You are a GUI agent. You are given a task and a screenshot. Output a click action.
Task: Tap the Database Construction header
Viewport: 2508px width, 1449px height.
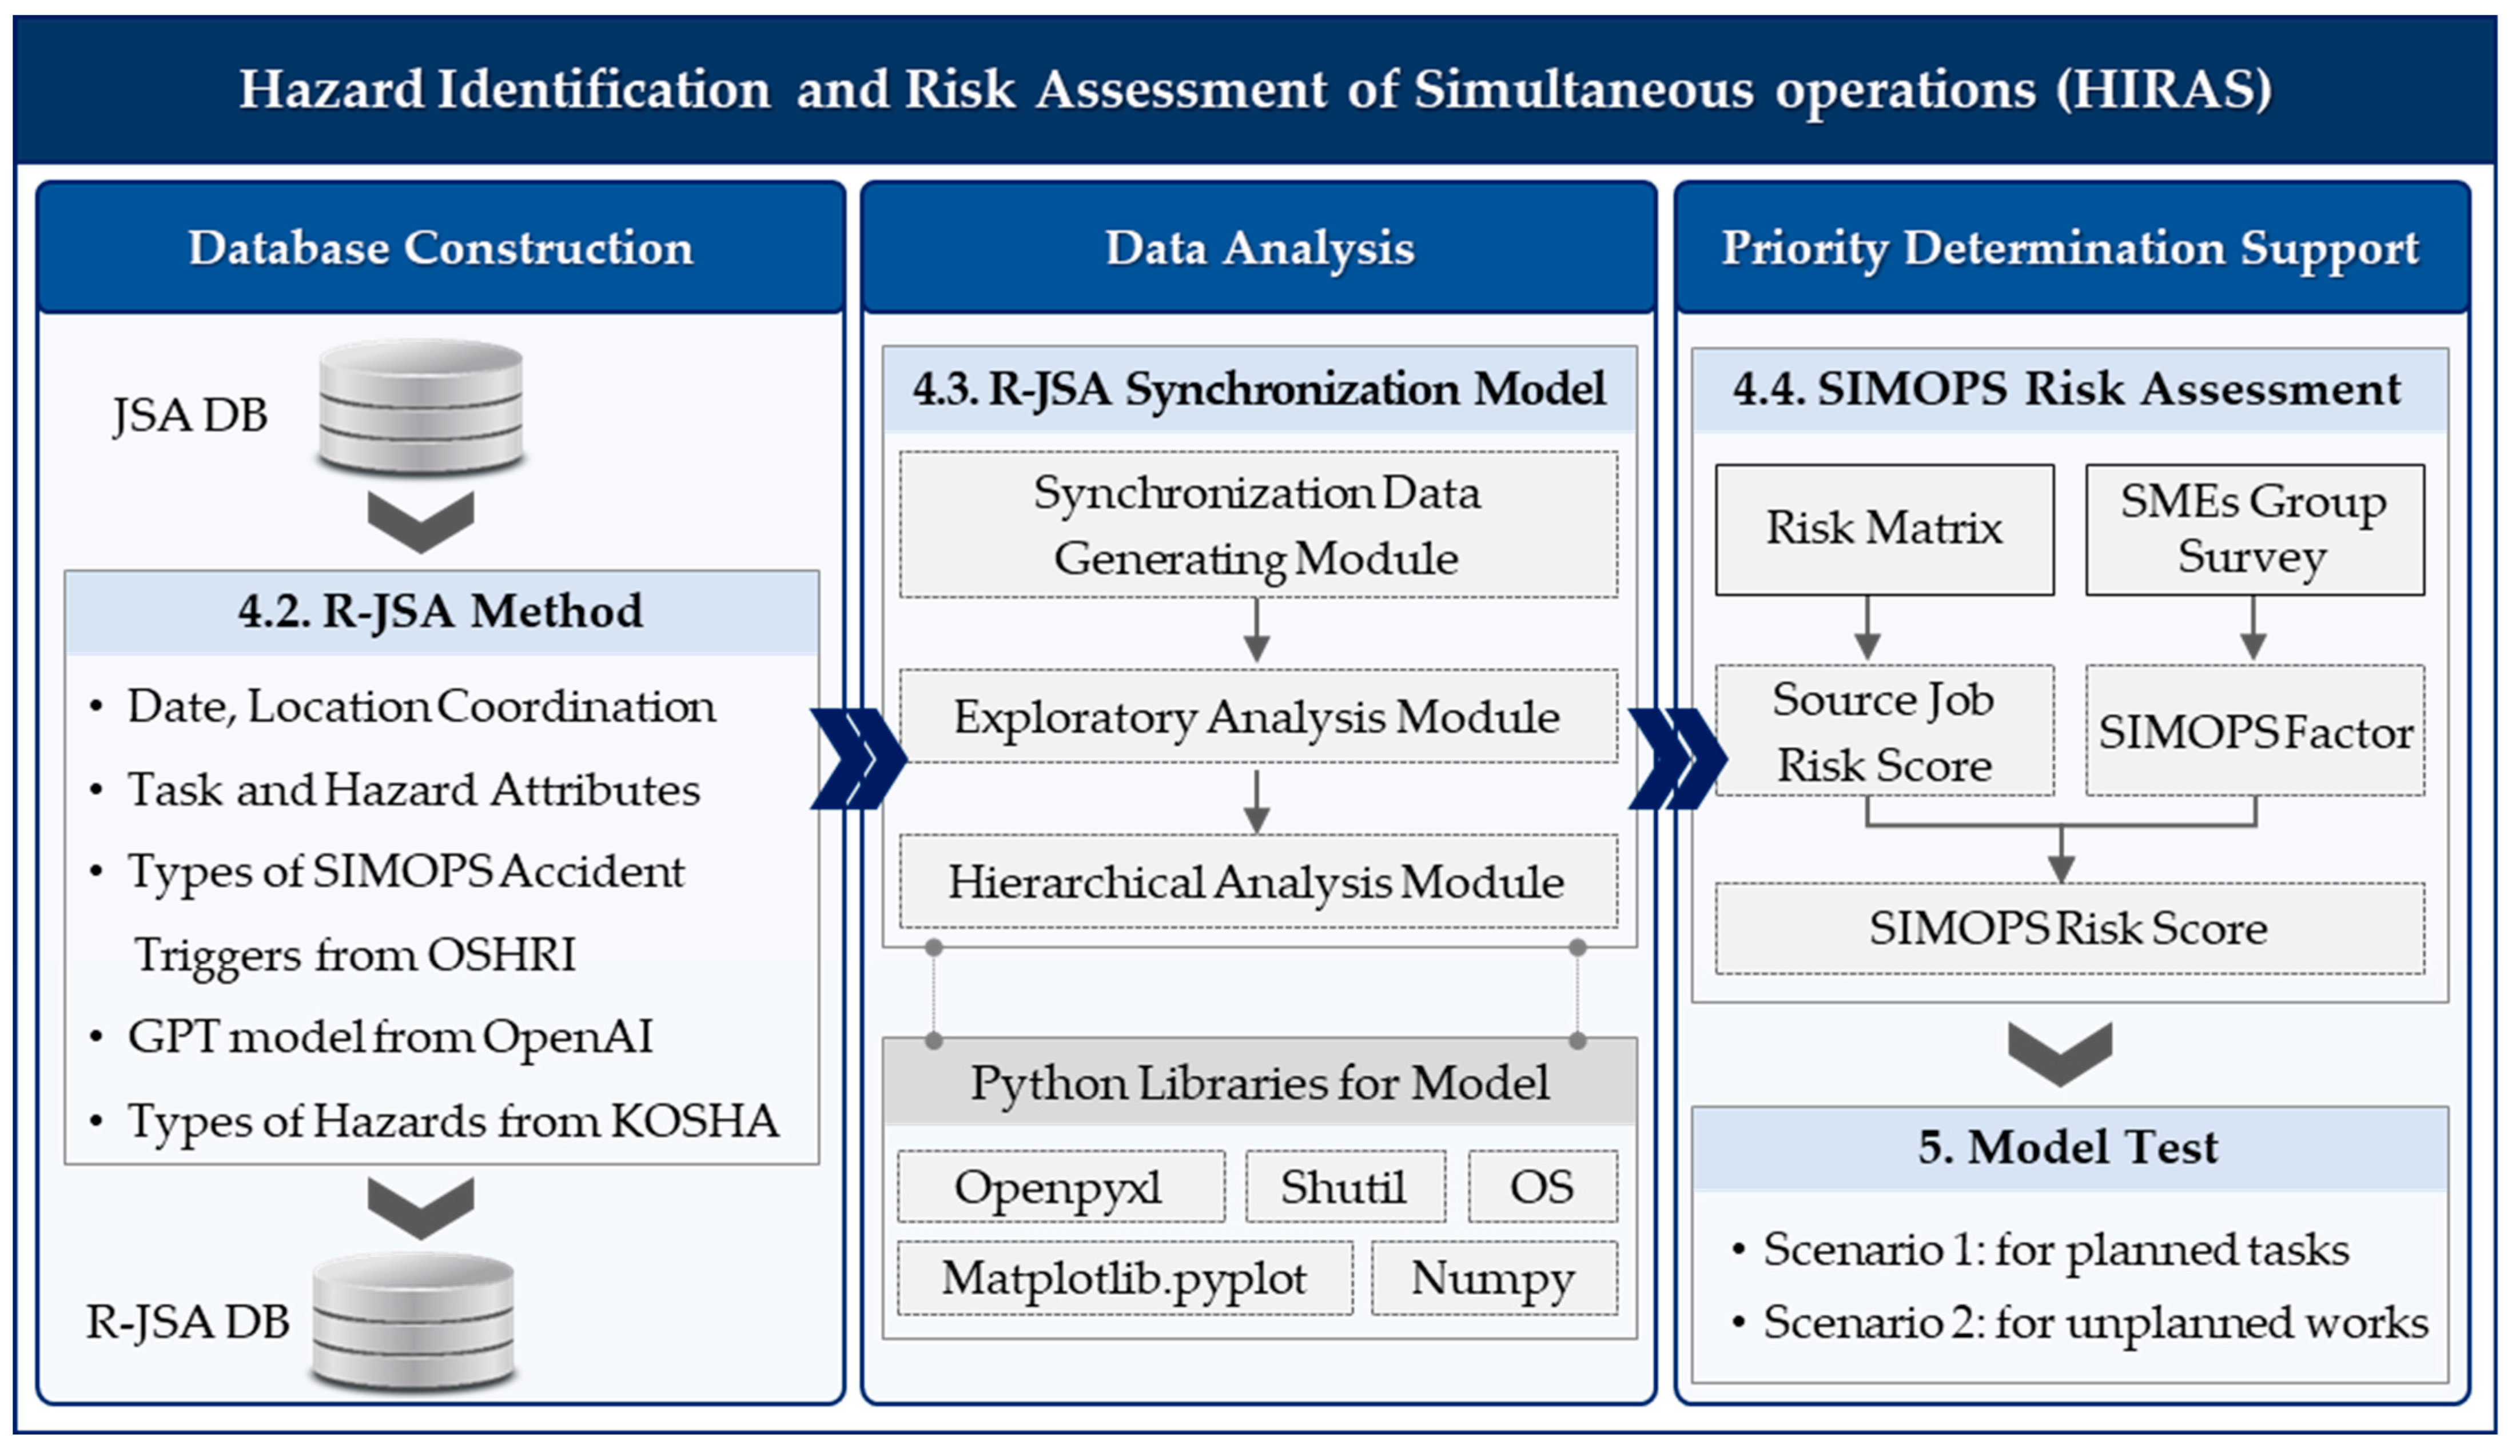[441, 248]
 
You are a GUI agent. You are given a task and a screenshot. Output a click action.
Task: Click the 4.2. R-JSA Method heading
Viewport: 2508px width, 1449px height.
[441, 611]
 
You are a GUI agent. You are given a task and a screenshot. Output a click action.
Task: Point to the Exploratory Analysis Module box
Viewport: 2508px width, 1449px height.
[1258, 717]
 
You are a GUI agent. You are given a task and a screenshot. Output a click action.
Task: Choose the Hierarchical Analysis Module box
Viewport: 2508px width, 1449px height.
[1258, 882]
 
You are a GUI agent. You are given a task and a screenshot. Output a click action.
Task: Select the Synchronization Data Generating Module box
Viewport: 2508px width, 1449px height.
[1258, 525]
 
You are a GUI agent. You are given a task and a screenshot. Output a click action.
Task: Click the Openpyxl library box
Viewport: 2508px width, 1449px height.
[1061, 1186]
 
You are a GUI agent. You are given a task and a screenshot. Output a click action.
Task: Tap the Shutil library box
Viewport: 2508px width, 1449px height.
[1345, 1186]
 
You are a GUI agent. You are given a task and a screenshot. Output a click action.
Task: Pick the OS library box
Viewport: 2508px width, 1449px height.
[1543, 1186]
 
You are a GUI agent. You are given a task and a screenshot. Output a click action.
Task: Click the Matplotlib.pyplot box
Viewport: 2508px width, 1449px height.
[1125, 1278]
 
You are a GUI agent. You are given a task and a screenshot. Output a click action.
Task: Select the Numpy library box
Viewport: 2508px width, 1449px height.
[1494, 1278]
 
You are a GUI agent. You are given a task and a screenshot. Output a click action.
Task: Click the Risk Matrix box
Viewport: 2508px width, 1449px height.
[1884, 529]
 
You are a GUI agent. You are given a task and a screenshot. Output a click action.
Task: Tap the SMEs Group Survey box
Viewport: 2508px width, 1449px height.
[2254, 529]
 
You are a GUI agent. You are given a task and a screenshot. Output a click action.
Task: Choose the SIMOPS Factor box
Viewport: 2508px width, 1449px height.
[2254, 731]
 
